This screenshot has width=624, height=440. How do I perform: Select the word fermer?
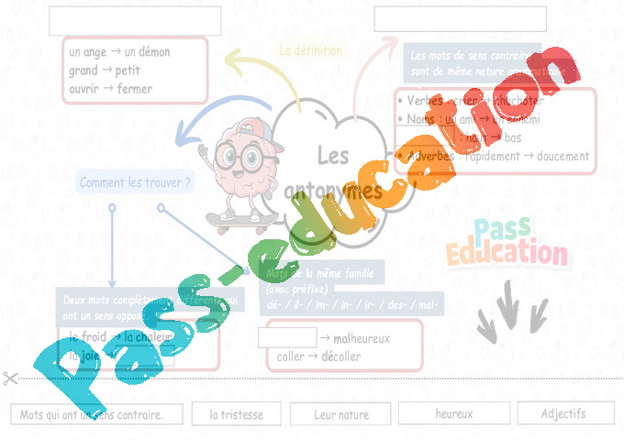tap(135, 89)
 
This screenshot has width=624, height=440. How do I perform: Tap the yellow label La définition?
tap(311, 51)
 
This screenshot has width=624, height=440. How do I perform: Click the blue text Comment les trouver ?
tap(136, 183)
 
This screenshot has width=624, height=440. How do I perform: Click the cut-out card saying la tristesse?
tap(236, 414)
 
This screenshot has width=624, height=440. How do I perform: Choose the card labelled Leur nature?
tap(341, 414)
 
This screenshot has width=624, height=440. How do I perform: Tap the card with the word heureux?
tap(454, 413)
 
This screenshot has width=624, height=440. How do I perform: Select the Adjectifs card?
tap(563, 413)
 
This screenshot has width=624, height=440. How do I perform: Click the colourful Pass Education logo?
tap(507, 244)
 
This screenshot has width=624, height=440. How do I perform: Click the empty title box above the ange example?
tap(135, 20)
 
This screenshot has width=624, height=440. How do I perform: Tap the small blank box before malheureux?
tap(274, 337)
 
